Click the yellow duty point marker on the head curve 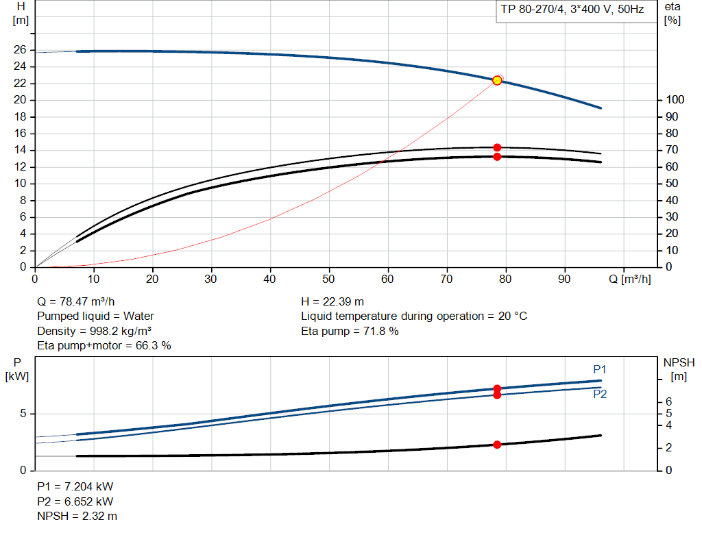point(497,80)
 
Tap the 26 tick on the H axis point(20,50)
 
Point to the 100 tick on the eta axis point(674,100)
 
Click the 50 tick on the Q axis point(330,279)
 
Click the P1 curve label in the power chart point(600,370)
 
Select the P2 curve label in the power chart point(600,395)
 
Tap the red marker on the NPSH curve point(497,445)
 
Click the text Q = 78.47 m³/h point(76,301)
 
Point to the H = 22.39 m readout point(332,301)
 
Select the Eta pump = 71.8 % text point(350,331)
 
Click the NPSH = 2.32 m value point(77,516)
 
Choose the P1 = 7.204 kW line point(75,486)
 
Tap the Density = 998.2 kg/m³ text point(94,331)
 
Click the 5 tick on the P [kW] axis point(23,414)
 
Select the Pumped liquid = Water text point(95,316)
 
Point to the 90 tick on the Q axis point(565,279)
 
